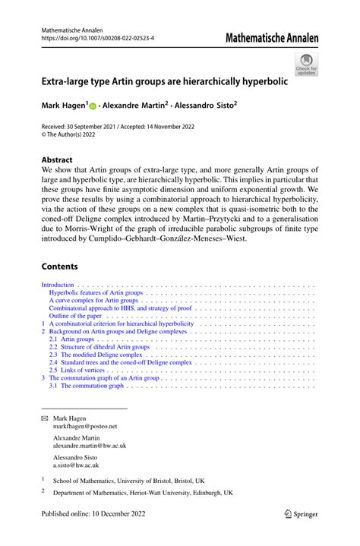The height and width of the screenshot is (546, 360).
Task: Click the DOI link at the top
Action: click(90, 37)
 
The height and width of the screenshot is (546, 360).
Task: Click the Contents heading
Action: click(60, 267)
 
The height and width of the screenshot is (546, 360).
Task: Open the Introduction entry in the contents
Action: click(58, 286)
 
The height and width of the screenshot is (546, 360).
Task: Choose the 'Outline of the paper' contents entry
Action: click(80, 316)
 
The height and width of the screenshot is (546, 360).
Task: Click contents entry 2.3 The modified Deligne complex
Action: click(96, 355)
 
